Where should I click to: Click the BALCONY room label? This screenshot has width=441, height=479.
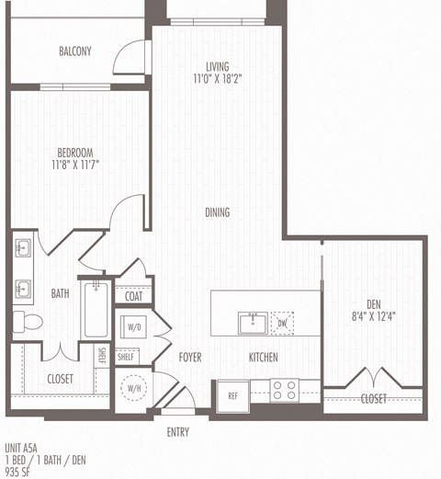pyautogui.click(x=74, y=51)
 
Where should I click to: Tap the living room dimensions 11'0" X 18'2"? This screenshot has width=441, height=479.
pyautogui.click(x=217, y=79)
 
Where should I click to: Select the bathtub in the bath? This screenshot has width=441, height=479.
pyautogui.click(x=96, y=311)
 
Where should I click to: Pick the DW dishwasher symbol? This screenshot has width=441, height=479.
pyautogui.click(x=283, y=324)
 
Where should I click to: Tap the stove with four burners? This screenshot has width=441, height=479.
pyautogui.click(x=284, y=391)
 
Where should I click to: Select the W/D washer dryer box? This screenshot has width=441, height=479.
pyautogui.click(x=134, y=326)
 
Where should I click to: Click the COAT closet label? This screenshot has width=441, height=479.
pyautogui.click(x=132, y=295)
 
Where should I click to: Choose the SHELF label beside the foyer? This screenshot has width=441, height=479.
pyautogui.click(x=126, y=357)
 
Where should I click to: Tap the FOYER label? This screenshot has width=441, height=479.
pyautogui.click(x=190, y=357)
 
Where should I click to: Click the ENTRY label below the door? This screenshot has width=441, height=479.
pyautogui.click(x=178, y=430)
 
